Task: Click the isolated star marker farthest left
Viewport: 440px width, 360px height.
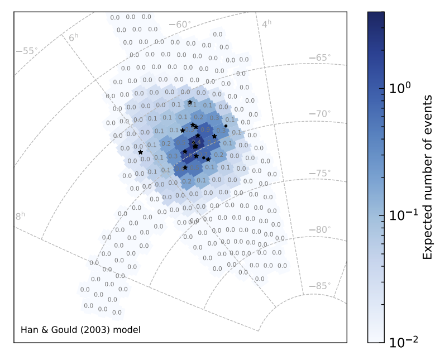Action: pyautogui.click(x=140, y=152)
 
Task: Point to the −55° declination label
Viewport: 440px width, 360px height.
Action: pyautogui.click(x=26, y=51)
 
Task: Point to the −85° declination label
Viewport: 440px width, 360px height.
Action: pyautogui.click(x=320, y=286)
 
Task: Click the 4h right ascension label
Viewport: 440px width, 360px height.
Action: pyautogui.click(x=266, y=23)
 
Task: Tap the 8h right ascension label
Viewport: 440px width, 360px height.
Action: pyautogui.click(x=21, y=216)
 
